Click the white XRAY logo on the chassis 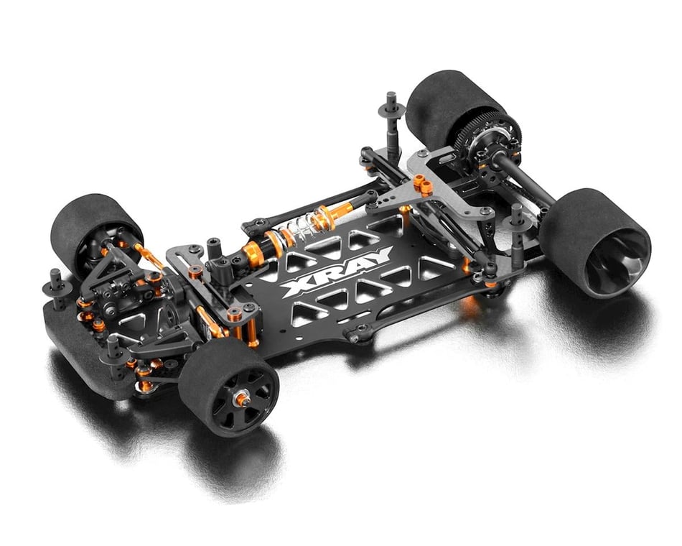[336, 272]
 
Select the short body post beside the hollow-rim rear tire [516, 215]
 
